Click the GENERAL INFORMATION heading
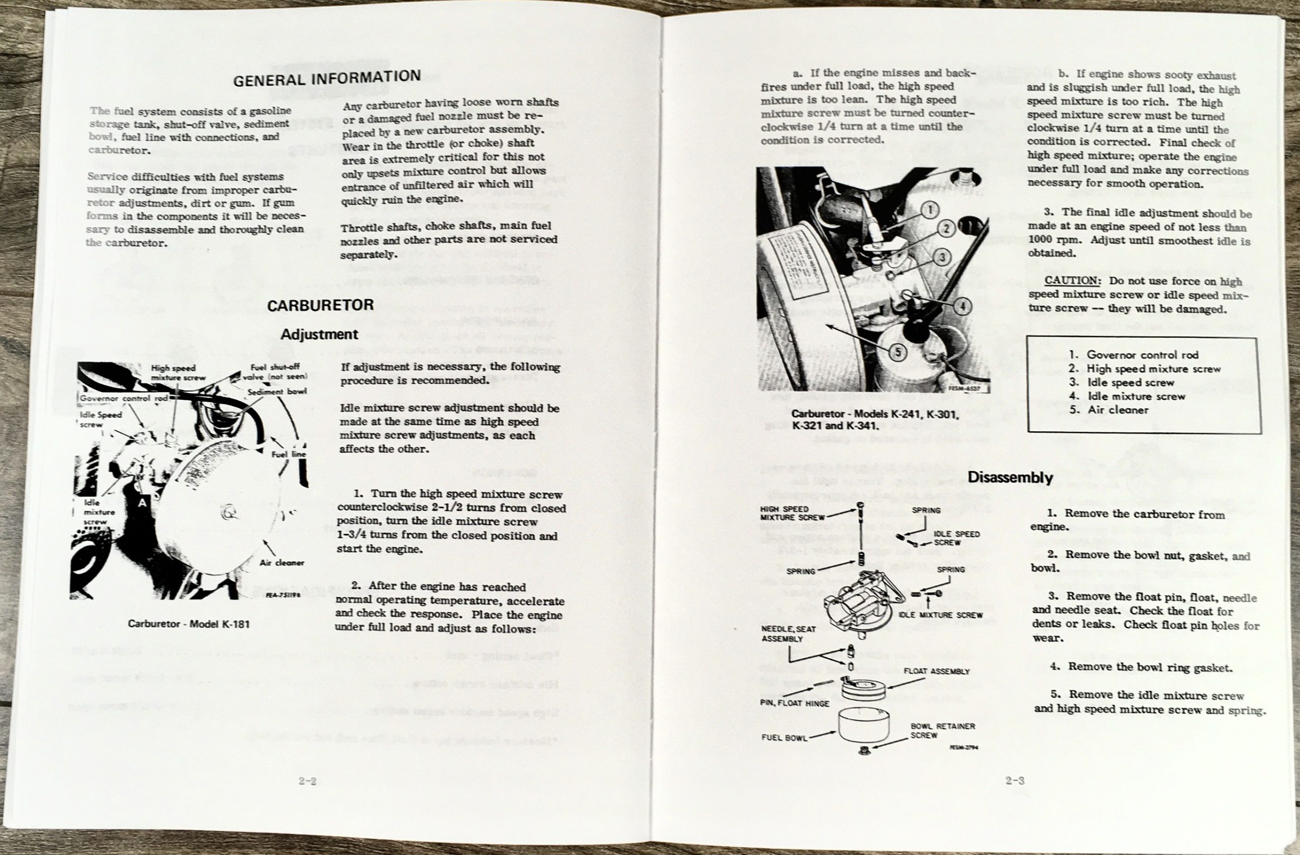pos(327,78)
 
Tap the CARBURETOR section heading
pos(320,305)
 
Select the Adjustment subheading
pos(319,334)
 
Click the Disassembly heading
pos(1010,477)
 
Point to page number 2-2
pos(308,781)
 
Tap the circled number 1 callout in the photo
pos(930,209)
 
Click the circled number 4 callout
pos(962,305)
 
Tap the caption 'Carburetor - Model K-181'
pos(188,623)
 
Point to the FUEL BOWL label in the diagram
pos(784,738)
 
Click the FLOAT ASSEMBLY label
pos(936,672)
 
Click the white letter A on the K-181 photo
pos(142,503)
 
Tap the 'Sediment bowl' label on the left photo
pos(276,392)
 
